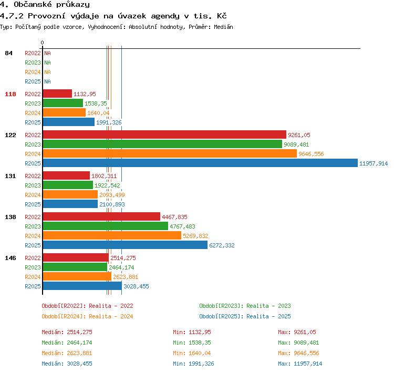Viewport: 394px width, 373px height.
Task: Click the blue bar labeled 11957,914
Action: click(x=200, y=163)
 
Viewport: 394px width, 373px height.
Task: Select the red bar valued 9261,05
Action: click(x=164, y=134)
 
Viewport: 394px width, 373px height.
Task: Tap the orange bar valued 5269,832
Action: click(x=112, y=235)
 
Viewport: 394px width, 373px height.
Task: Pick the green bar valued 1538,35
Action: click(x=63, y=103)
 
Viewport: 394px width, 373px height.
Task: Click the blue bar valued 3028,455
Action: click(x=82, y=286)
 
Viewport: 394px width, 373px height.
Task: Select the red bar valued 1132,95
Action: click(x=57, y=94)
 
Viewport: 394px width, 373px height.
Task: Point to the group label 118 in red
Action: click(x=11, y=94)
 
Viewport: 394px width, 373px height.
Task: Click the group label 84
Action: click(x=8, y=53)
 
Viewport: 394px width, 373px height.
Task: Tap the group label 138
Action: click(x=11, y=217)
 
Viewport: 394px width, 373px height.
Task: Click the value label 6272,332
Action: click(x=222, y=245)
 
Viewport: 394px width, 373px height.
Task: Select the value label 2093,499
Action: click(x=112, y=195)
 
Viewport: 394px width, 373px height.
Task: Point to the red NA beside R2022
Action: click(x=47, y=53)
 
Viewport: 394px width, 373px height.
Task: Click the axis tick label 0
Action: click(x=42, y=43)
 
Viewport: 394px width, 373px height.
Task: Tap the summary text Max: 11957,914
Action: click(x=300, y=364)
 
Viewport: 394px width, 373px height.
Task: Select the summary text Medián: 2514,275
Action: click(x=67, y=332)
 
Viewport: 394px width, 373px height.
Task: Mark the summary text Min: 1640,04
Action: click(x=192, y=353)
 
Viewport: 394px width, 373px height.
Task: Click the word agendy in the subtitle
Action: click(x=165, y=16)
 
